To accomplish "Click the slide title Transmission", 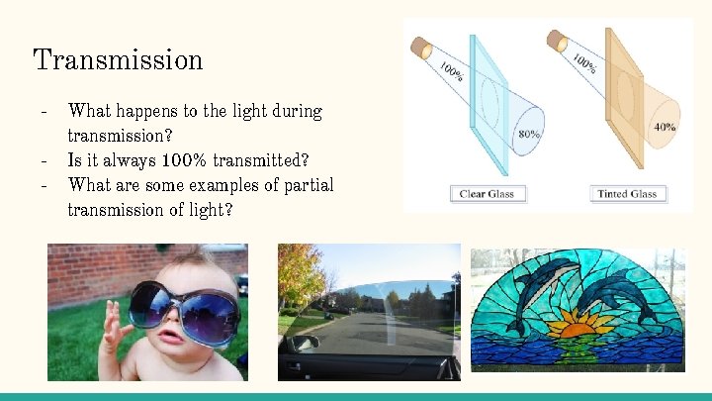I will tap(118, 59).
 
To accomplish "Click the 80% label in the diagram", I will tap(529, 133).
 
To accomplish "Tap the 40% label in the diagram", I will tap(665, 127).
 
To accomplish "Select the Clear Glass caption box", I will tap(487, 193).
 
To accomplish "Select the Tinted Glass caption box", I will tap(627, 193).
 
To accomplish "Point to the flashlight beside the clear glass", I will tap(422, 48).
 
